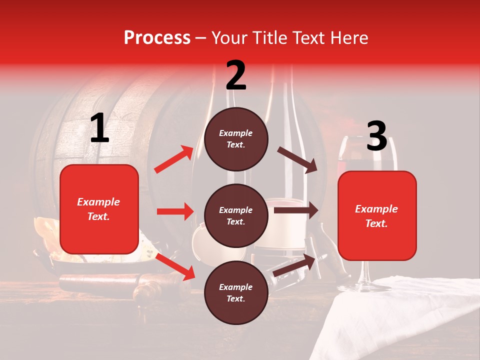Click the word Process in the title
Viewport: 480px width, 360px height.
point(157,38)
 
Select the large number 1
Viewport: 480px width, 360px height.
point(99,128)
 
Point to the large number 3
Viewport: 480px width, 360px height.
point(376,136)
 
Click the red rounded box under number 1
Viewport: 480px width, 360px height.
point(99,209)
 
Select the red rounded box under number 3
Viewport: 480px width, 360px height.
point(377,216)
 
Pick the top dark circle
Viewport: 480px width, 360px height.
point(236,139)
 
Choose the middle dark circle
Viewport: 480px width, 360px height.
point(236,215)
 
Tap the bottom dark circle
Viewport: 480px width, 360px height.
point(236,292)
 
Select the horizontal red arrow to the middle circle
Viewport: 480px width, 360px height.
point(175,211)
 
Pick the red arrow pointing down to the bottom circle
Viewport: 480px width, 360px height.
point(175,266)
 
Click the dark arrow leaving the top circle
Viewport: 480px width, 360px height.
point(297,159)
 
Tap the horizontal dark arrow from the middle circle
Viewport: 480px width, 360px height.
point(296,210)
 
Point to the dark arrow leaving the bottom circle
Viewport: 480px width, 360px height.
point(295,265)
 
